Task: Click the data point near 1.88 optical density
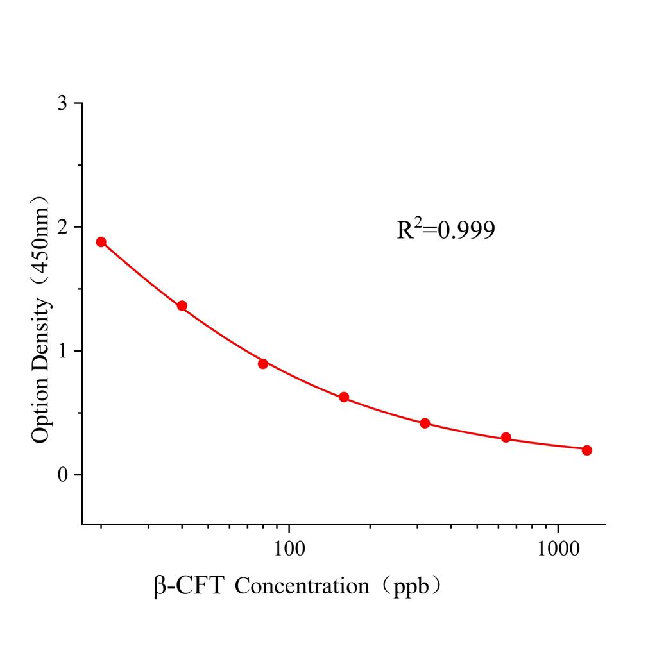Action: (x=101, y=242)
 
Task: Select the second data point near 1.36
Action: (x=182, y=306)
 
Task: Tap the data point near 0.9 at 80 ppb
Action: (x=263, y=364)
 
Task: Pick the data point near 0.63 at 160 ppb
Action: (x=344, y=397)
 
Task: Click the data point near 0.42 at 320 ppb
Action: (x=425, y=423)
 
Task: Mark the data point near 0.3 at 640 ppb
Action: (x=506, y=438)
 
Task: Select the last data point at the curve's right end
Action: (x=587, y=450)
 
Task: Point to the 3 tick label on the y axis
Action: (x=62, y=103)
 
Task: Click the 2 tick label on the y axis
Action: (x=62, y=227)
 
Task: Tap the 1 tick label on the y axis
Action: (x=62, y=351)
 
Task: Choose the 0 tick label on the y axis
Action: (x=62, y=475)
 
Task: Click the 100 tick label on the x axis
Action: (x=289, y=550)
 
